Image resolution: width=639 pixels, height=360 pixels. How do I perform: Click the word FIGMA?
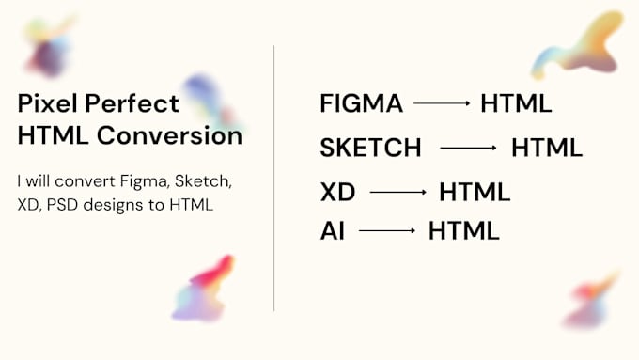[361, 103]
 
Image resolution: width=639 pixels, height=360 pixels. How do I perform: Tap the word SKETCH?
[370, 148]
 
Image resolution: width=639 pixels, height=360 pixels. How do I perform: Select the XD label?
[336, 193]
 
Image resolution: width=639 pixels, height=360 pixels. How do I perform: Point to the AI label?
[332, 230]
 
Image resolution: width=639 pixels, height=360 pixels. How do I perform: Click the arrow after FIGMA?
[442, 103]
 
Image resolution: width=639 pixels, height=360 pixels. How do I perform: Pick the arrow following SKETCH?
[468, 148]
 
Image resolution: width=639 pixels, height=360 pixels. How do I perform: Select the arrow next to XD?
[397, 193]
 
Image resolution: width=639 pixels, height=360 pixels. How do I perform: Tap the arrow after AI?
[387, 230]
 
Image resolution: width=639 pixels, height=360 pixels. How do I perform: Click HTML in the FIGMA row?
[516, 103]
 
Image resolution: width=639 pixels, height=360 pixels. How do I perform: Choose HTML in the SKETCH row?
[547, 148]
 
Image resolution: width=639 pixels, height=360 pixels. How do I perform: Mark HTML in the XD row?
[475, 193]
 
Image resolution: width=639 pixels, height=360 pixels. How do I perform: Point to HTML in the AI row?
[464, 230]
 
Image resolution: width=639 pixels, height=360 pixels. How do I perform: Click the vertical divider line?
[274, 179]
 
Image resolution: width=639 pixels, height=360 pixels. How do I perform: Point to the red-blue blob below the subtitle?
[202, 288]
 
